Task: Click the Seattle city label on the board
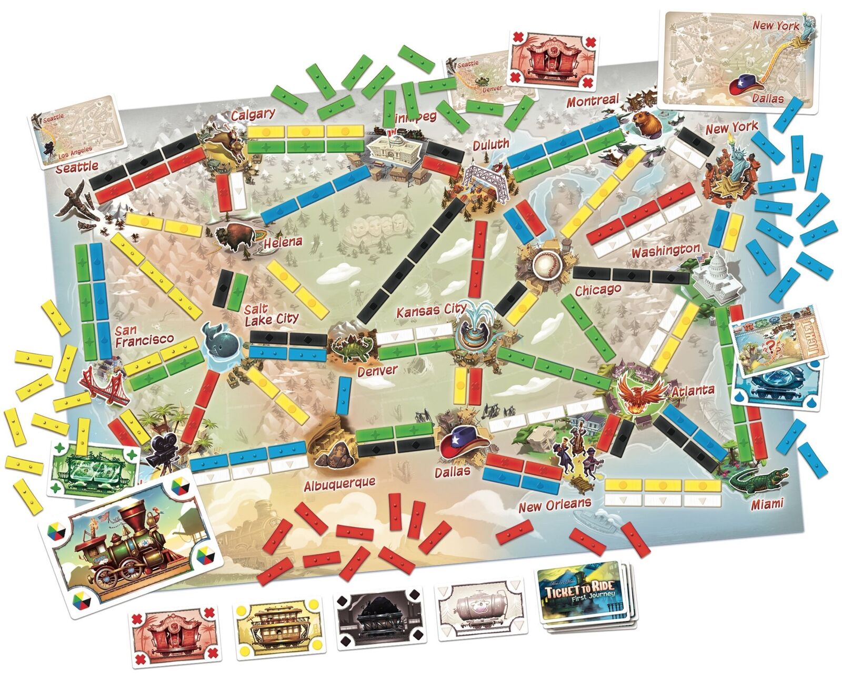click(x=77, y=167)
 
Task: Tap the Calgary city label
click(x=253, y=114)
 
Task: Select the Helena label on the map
click(x=283, y=242)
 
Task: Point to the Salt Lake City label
click(x=270, y=314)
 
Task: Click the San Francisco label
click(x=144, y=336)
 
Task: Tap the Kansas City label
click(x=431, y=311)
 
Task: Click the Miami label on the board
click(x=766, y=503)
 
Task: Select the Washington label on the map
click(x=665, y=251)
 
